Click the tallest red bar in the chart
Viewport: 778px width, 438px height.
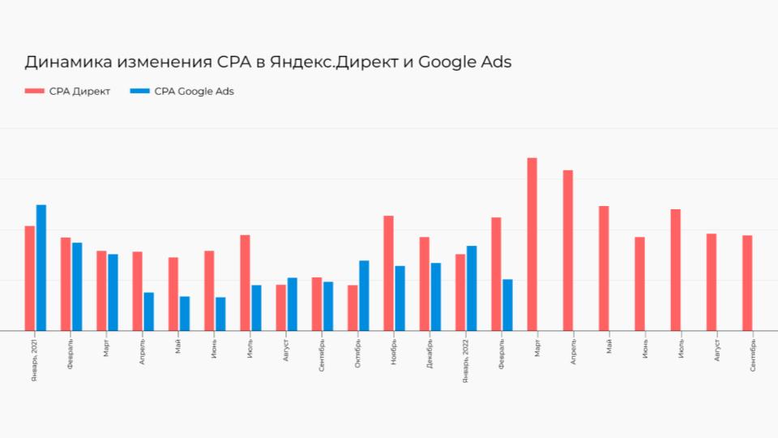(x=532, y=243)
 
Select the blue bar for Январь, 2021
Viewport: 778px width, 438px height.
(x=41, y=268)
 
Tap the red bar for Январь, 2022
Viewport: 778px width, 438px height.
(x=460, y=292)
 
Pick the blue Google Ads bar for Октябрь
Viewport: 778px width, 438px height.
(x=364, y=295)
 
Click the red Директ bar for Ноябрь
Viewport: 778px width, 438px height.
(x=389, y=273)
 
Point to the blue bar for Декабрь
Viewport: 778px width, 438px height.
(x=436, y=297)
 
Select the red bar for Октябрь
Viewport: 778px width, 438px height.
(x=353, y=307)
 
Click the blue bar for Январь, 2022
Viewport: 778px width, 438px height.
(x=472, y=288)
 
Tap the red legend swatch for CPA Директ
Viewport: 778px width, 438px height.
(x=34, y=92)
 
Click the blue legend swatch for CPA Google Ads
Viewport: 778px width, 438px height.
(x=139, y=92)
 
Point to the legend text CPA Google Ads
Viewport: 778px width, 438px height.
(x=194, y=92)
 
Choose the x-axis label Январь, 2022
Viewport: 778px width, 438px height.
(x=465, y=361)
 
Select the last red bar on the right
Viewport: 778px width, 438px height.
(x=747, y=283)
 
